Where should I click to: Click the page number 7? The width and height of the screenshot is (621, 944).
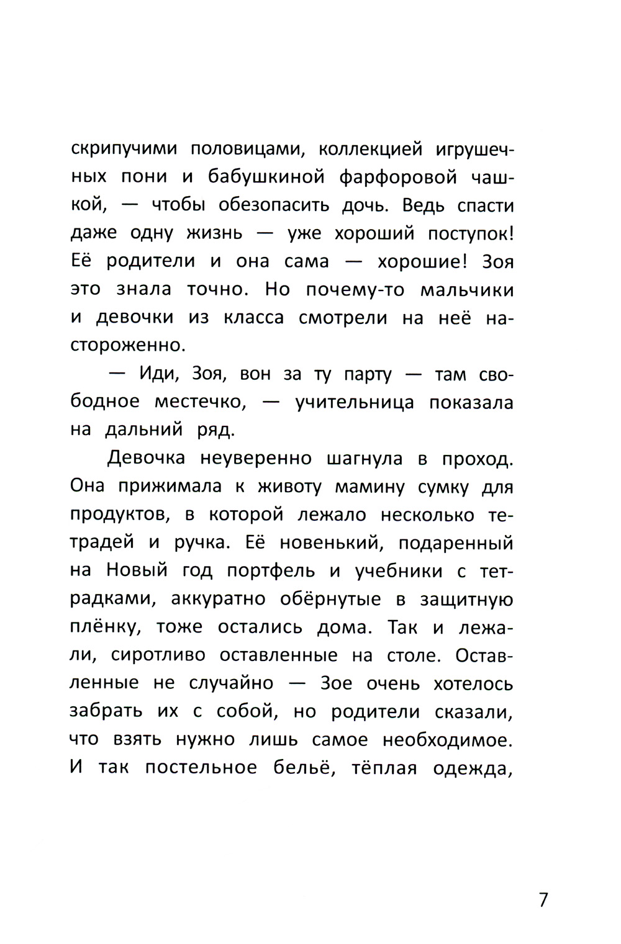tap(543, 899)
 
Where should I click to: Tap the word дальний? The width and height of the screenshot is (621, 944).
tap(148, 430)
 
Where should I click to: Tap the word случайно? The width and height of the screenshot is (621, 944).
tap(233, 683)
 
